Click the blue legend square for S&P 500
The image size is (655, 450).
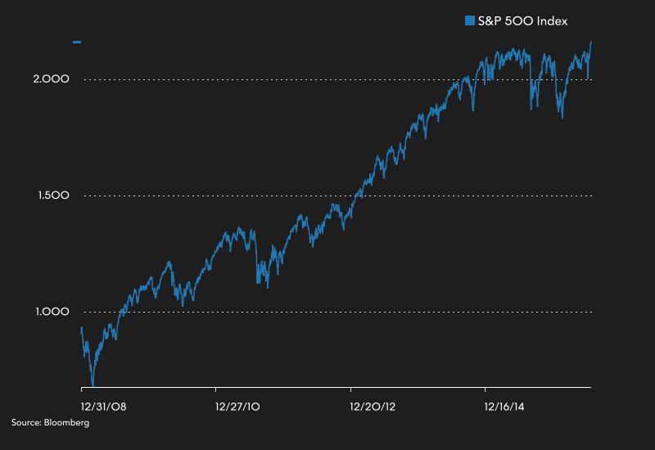point(470,20)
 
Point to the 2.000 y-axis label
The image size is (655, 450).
point(51,79)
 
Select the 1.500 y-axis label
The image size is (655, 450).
point(51,196)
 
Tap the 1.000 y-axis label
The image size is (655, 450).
point(51,312)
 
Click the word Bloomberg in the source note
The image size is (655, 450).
point(68,423)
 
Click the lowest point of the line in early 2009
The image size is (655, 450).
point(93,385)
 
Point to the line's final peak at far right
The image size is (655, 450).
point(590,42)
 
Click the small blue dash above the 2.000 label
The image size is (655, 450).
point(77,41)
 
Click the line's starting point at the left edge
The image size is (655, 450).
point(81,328)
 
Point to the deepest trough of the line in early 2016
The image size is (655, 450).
point(562,118)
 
